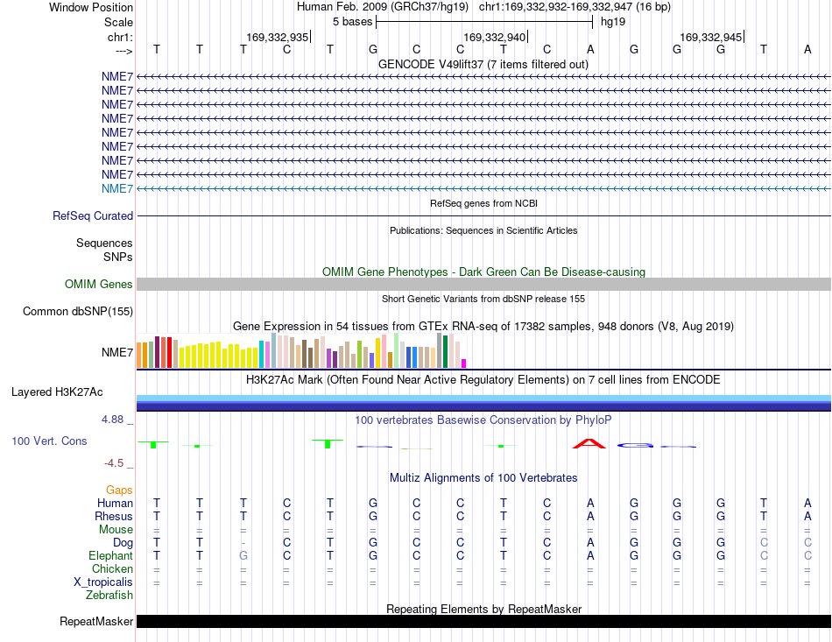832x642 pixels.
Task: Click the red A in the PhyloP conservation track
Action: click(589, 443)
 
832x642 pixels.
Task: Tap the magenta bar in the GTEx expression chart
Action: click(464, 363)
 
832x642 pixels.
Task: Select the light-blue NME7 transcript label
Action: click(117, 189)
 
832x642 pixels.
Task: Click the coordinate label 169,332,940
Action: click(494, 37)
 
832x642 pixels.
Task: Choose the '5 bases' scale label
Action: click(352, 22)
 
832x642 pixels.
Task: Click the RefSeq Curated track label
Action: click(93, 216)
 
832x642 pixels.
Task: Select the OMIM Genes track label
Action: click(99, 285)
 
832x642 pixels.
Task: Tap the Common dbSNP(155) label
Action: click(78, 312)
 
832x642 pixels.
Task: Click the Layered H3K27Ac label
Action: click(57, 392)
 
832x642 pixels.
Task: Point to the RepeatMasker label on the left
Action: click(96, 621)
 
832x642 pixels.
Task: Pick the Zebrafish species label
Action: click(109, 596)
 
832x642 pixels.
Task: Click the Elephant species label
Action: click(111, 555)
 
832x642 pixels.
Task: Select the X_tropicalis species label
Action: click(103, 582)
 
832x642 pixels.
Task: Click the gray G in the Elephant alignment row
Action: click(243, 555)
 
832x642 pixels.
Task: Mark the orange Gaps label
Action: click(119, 490)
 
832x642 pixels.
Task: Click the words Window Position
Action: click(91, 7)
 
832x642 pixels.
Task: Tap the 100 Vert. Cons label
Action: click(49, 441)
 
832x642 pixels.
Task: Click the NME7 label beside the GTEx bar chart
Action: click(117, 352)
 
